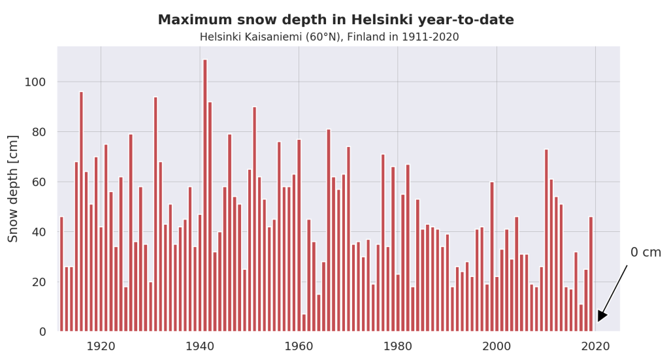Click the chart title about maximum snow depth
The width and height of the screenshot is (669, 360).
click(x=335, y=20)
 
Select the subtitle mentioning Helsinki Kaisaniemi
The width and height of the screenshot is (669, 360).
click(x=329, y=37)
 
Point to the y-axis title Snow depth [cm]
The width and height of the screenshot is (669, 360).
click(x=14, y=188)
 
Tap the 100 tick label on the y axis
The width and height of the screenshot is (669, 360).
click(x=35, y=82)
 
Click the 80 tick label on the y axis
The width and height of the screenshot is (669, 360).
click(x=39, y=132)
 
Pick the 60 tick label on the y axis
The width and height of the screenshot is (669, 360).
click(x=39, y=182)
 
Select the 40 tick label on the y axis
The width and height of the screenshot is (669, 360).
click(x=39, y=232)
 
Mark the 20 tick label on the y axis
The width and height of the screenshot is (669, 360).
click(x=39, y=282)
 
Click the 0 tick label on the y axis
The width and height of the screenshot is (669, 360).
click(x=42, y=332)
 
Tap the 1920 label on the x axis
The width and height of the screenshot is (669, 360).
click(x=101, y=346)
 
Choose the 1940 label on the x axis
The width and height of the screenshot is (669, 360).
click(x=200, y=346)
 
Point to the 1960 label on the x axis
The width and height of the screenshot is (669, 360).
click(x=299, y=346)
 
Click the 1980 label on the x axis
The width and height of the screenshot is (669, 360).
click(x=397, y=346)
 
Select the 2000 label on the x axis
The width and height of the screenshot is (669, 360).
click(x=497, y=346)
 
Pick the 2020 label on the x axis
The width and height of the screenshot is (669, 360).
click(x=595, y=346)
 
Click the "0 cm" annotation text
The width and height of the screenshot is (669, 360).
click(x=645, y=253)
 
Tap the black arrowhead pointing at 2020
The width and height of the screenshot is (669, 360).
click(x=602, y=316)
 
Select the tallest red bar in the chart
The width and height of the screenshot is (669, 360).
click(x=204, y=196)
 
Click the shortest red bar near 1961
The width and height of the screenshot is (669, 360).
click(x=304, y=323)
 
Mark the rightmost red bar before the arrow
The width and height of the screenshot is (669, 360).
click(x=591, y=274)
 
